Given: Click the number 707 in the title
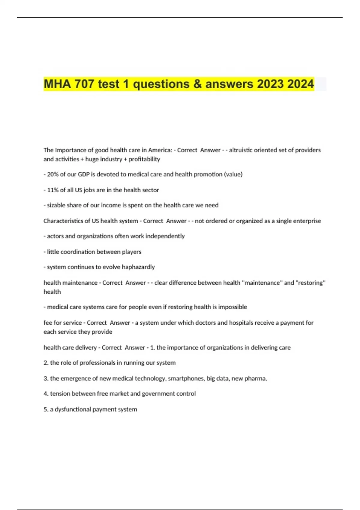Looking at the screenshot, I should [x=84, y=84].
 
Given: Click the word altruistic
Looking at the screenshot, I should [x=240, y=150].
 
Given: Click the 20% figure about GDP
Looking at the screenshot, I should [x=52, y=174].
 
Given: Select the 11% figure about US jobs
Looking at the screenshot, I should [x=52, y=190].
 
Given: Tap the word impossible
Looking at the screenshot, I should [x=232, y=307].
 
